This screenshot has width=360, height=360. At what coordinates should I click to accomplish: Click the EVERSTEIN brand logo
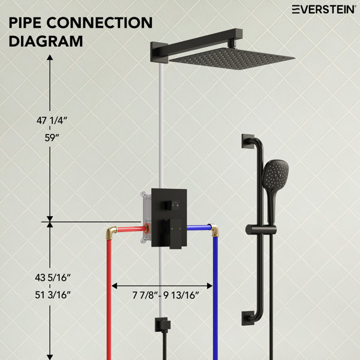(323, 10)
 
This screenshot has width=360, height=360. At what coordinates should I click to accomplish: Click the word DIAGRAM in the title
(46, 41)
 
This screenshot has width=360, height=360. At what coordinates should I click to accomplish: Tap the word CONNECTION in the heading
(100, 23)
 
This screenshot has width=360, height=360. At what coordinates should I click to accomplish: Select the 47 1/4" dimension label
(52, 121)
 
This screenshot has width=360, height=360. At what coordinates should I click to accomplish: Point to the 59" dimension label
(52, 138)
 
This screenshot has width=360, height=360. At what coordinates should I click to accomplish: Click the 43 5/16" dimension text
(53, 278)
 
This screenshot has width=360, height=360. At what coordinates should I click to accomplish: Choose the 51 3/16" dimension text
(53, 295)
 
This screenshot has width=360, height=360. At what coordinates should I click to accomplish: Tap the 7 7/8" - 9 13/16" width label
(166, 295)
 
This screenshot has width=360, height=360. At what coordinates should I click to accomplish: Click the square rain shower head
(232, 58)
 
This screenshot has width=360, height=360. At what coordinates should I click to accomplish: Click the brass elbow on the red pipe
(112, 232)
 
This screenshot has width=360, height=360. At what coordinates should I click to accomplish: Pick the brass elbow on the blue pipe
(214, 230)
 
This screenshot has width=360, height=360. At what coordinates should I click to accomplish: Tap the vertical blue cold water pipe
(215, 298)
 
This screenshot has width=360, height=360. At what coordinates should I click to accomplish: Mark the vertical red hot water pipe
(109, 299)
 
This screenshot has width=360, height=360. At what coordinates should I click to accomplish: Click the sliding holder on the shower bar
(261, 230)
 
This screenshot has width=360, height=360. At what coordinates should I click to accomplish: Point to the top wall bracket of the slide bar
(248, 141)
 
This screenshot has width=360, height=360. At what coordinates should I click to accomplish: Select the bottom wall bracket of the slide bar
(248, 318)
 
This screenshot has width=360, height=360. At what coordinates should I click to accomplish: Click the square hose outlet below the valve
(163, 325)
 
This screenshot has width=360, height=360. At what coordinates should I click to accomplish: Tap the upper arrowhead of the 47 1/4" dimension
(50, 58)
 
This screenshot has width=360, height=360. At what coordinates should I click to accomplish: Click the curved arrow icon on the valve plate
(176, 204)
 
